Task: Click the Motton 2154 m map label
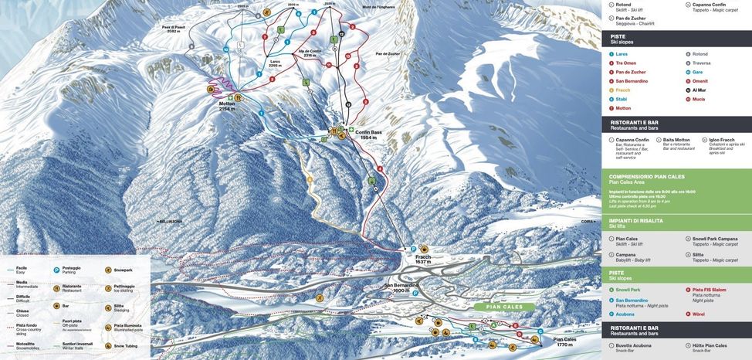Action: tap(227, 107)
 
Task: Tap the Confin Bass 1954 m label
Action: tap(368, 134)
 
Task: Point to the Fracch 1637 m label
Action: tap(423, 259)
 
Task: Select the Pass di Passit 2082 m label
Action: tap(174, 29)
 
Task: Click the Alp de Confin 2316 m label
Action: tap(310, 53)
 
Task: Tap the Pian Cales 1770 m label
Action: tap(564, 341)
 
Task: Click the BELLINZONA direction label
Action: tap(170, 221)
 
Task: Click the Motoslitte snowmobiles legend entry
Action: tap(25, 345)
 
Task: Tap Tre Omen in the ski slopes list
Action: tap(626, 63)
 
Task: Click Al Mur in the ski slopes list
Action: tap(699, 90)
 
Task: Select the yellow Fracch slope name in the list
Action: tap(623, 90)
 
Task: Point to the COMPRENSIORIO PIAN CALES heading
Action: tap(647, 176)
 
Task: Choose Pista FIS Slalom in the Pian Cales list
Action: tap(709, 290)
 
